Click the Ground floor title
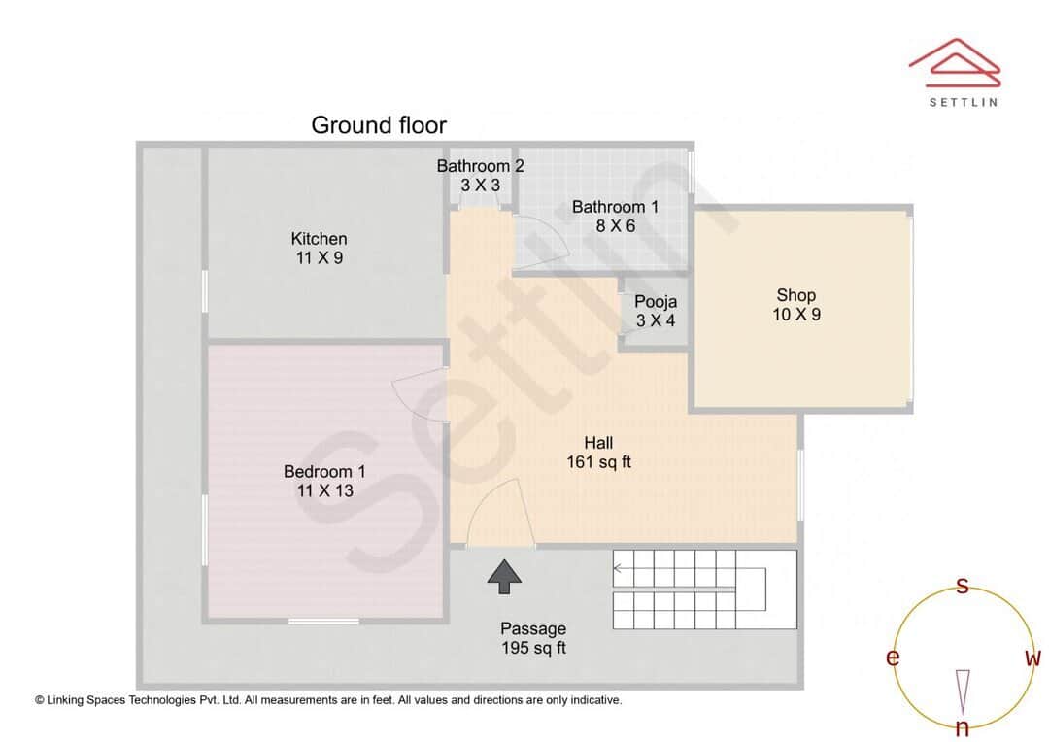379,125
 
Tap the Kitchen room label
319,239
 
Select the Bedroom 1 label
324,472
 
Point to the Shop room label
795,295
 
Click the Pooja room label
656,301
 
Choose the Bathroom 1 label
615,207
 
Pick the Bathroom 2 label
480,166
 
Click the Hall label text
598,443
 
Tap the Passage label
533,628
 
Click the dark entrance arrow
504,576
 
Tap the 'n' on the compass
962,727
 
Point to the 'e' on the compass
892,658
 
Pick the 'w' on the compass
1032,658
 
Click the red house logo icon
954,60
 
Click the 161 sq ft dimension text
598,462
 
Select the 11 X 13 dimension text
324,490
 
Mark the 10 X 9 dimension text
795,315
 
